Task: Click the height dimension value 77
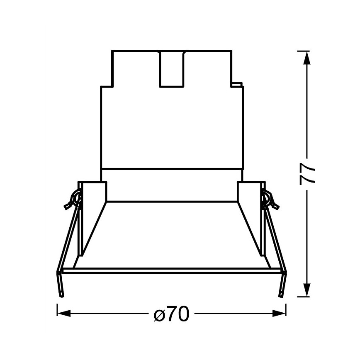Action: tap(307, 173)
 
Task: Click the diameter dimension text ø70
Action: tap(172, 313)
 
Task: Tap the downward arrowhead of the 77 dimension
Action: tap(307, 290)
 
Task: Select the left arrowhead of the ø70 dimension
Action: tap(64, 313)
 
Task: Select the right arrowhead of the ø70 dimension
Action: tap(279, 313)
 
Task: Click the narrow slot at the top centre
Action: tap(172, 69)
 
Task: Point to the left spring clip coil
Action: tap(74, 199)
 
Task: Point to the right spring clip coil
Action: tap(270, 199)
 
